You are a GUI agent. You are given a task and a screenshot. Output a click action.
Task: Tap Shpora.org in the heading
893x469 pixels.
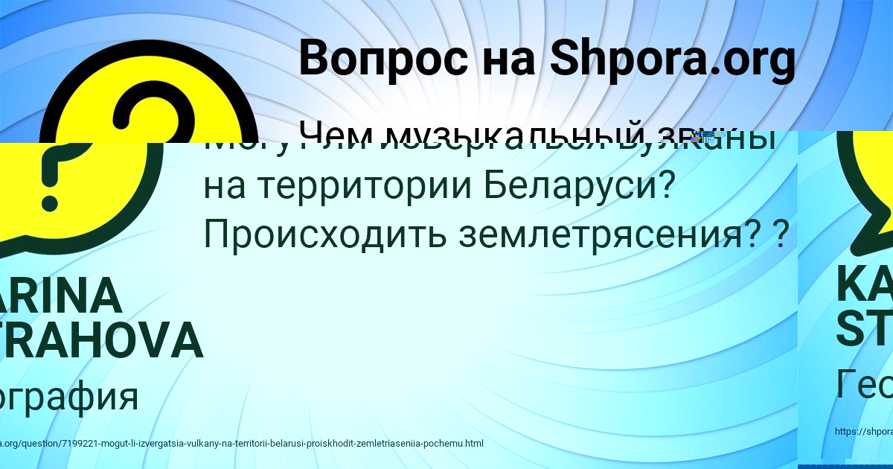pyautogui.click(x=672, y=60)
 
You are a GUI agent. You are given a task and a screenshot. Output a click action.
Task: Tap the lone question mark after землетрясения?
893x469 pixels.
pyautogui.click(x=781, y=234)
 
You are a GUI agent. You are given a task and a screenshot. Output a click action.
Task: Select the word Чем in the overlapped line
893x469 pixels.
pyautogui.click(x=333, y=134)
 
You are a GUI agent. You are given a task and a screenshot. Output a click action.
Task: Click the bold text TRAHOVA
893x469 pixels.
pyautogui.click(x=101, y=340)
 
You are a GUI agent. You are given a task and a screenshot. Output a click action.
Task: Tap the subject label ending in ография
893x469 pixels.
pyautogui.click(x=69, y=395)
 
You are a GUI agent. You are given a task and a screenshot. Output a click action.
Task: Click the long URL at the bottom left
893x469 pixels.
pyautogui.click(x=242, y=444)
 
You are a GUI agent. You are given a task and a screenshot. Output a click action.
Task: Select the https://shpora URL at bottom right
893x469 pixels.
pyautogui.click(x=863, y=431)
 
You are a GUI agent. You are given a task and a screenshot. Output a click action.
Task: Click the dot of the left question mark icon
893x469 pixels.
pyautogui.click(x=51, y=199)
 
